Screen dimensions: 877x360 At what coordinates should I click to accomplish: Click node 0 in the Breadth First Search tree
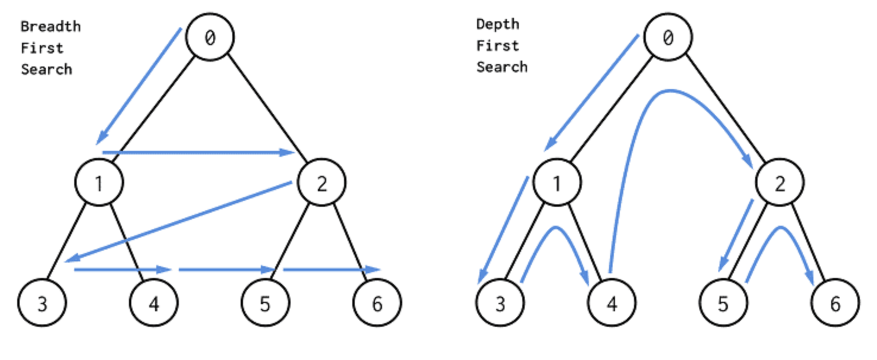pyautogui.click(x=210, y=37)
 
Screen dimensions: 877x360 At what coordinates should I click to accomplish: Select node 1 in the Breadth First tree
pyautogui.click(x=99, y=182)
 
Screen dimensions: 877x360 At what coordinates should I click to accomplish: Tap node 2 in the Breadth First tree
pyautogui.click(x=321, y=182)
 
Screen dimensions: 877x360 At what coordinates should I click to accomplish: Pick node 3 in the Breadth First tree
pyautogui.click(x=42, y=302)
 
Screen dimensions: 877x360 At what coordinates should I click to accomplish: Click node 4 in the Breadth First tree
pyautogui.click(x=154, y=302)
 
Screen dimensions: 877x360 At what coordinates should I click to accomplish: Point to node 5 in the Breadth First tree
pyautogui.click(x=266, y=302)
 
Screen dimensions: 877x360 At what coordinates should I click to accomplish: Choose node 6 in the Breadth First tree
pyautogui.click(x=377, y=302)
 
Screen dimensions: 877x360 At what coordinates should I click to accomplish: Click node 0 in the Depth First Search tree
pyautogui.click(x=668, y=37)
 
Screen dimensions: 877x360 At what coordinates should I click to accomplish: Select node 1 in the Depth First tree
pyautogui.click(x=557, y=182)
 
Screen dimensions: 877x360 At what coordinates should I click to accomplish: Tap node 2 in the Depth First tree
pyautogui.click(x=780, y=182)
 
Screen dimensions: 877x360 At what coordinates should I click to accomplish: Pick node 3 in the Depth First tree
pyautogui.click(x=500, y=302)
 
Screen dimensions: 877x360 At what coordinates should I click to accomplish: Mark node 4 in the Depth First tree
pyautogui.click(x=612, y=302)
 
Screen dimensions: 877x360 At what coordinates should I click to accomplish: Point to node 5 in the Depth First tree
pyautogui.click(x=724, y=302)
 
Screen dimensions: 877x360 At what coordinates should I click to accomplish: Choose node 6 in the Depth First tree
pyautogui.click(x=835, y=302)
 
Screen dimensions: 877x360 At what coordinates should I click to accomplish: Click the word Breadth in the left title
pyautogui.click(x=51, y=27)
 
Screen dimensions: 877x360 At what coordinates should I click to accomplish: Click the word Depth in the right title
pyautogui.click(x=497, y=24)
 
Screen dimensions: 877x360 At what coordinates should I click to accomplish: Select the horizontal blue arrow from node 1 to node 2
pyautogui.click(x=198, y=152)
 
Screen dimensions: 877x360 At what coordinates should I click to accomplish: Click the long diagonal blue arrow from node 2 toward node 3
pyautogui.click(x=178, y=222)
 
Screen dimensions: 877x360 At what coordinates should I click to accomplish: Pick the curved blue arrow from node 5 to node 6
pyautogui.click(x=780, y=228)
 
